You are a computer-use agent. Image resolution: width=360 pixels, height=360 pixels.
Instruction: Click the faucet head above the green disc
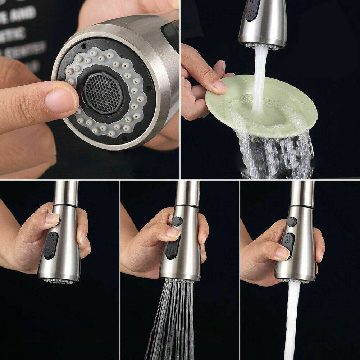pyautogui.click(x=263, y=23)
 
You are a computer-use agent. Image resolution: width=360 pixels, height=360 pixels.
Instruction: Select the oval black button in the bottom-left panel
pyautogui.click(x=51, y=245)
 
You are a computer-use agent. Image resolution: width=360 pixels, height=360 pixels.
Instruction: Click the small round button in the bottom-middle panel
pyautogui.click(x=177, y=221)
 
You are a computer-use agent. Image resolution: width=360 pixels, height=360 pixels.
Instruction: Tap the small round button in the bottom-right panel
pyautogui.click(x=292, y=222)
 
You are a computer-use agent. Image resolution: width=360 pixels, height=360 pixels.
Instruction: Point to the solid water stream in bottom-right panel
pyautogui.click(x=292, y=320)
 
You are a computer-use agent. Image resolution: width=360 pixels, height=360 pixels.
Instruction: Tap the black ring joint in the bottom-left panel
pyautogui.click(x=65, y=205)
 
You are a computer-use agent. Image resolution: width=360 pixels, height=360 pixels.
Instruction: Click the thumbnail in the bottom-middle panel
pyautogui.click(x=172, y=232)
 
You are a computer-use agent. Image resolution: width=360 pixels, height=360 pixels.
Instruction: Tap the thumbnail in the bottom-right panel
pyautogui.click(x=282, y=252)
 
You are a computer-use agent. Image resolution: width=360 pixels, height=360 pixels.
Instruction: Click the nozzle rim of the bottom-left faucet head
pyautogui.click(x=59, y=280)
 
